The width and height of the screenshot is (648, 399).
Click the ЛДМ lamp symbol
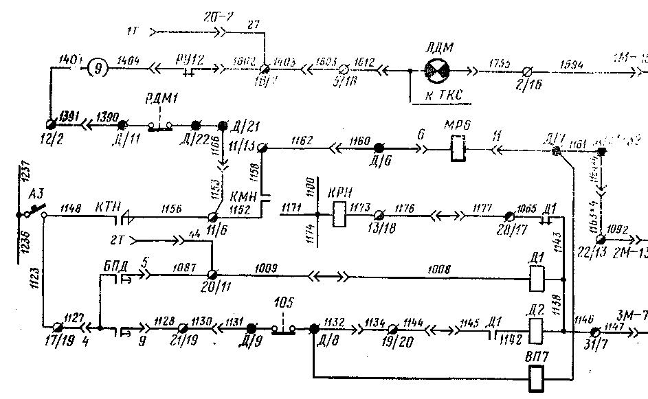[434, 70]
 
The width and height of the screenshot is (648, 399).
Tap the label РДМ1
[162, 98]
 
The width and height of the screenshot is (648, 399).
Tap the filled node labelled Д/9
[252, 329]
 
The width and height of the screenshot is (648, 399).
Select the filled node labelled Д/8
[313, 329]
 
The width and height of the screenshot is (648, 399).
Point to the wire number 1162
[300, 140]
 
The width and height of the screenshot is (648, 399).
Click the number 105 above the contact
[283, 303]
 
